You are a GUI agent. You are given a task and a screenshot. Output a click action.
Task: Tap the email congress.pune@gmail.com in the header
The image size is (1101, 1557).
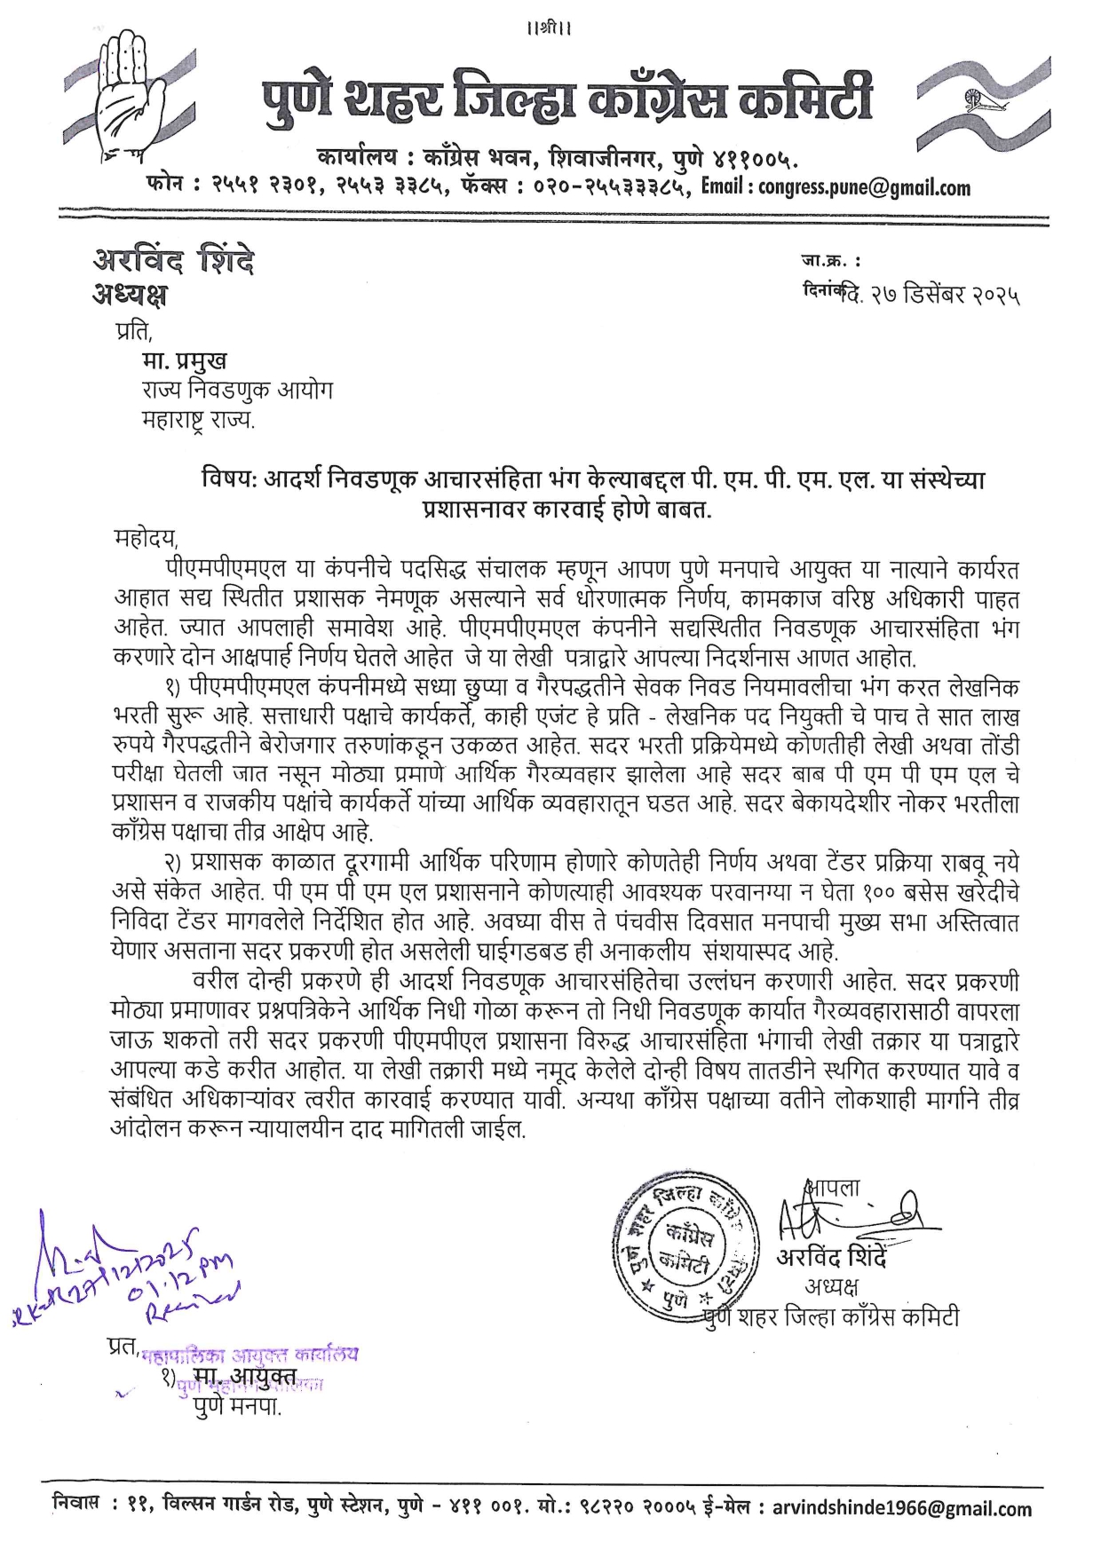pos(864,187)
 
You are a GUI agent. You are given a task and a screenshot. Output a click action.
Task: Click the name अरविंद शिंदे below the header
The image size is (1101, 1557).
pos(173,261)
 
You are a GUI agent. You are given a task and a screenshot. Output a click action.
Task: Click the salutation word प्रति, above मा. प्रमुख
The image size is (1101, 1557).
pos(133,331)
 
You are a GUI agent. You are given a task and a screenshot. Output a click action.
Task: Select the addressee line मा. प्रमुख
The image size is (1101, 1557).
pos(184,360)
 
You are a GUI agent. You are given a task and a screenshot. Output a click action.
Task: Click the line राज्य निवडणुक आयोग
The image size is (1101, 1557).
pos(237,390)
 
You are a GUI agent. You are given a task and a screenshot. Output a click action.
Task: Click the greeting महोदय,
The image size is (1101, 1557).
pos(147,538)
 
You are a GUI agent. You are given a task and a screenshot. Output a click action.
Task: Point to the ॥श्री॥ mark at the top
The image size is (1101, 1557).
pos(550,28)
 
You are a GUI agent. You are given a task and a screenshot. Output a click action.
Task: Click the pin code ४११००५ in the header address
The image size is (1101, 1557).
pos(753,159)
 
